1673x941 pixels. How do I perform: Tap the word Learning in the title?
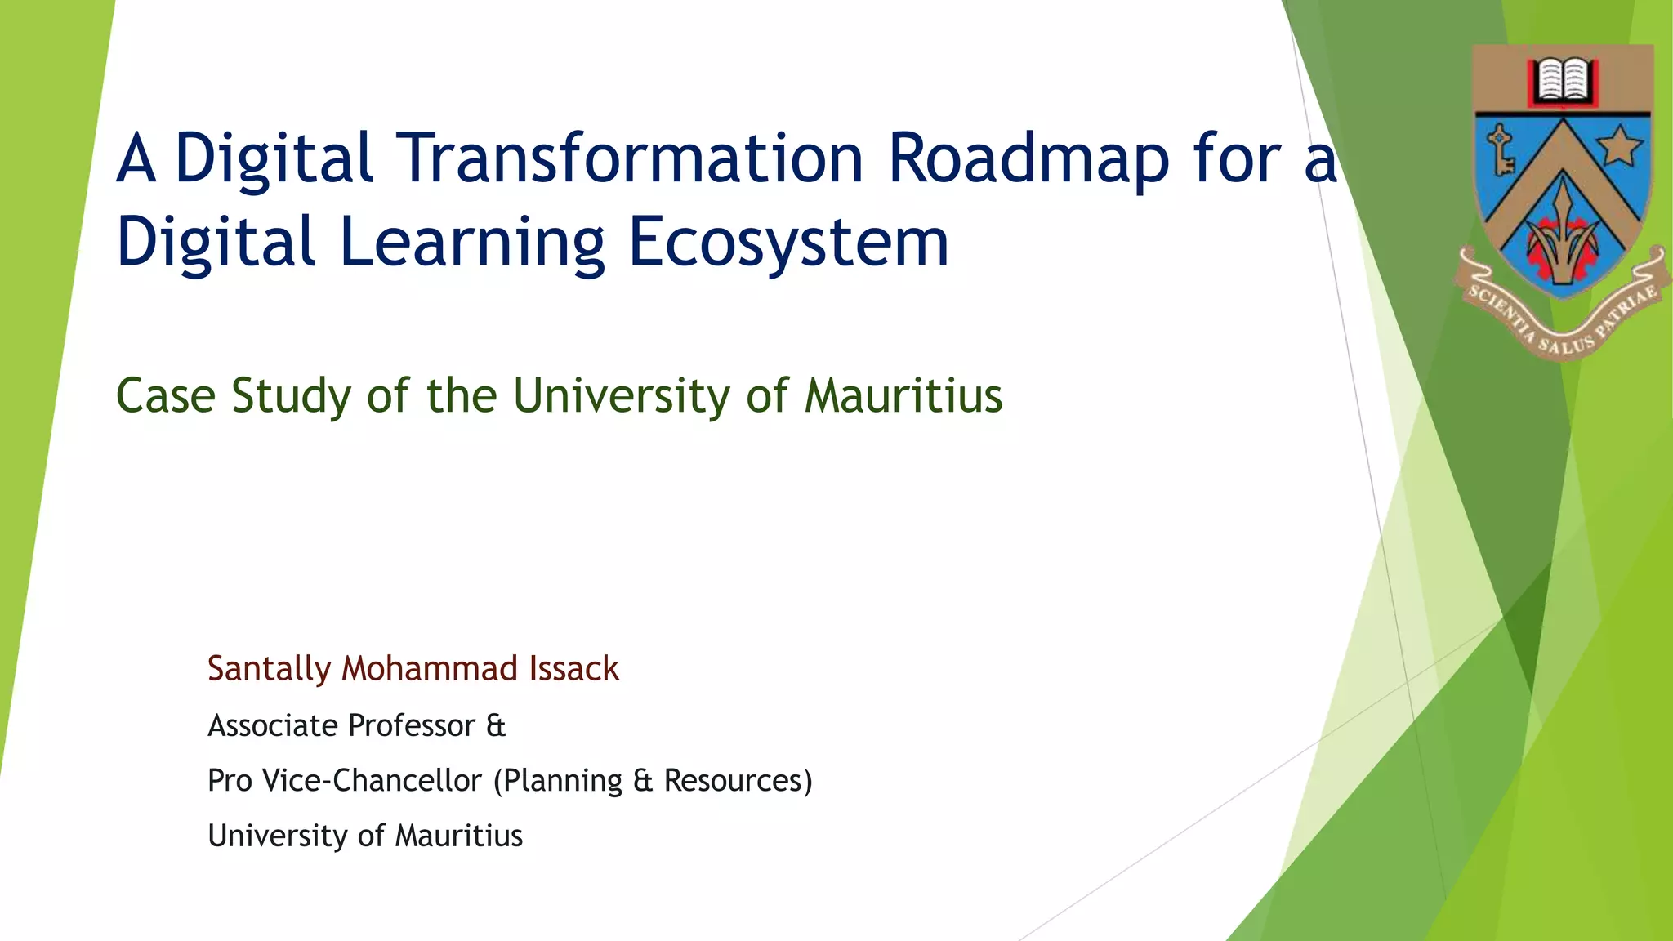pos(471,243)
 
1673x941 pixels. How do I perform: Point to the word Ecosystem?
pos(788,243)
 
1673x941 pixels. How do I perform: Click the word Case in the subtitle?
pos(165,396)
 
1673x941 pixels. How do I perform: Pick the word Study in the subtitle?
pos(291,396)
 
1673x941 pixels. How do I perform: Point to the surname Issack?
pos(574,669)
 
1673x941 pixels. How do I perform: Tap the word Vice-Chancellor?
pos(373,781)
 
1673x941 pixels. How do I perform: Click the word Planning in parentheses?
pos(562,781)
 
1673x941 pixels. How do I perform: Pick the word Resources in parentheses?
pos(735,781)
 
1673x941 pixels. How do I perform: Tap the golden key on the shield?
pos(1500,149)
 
